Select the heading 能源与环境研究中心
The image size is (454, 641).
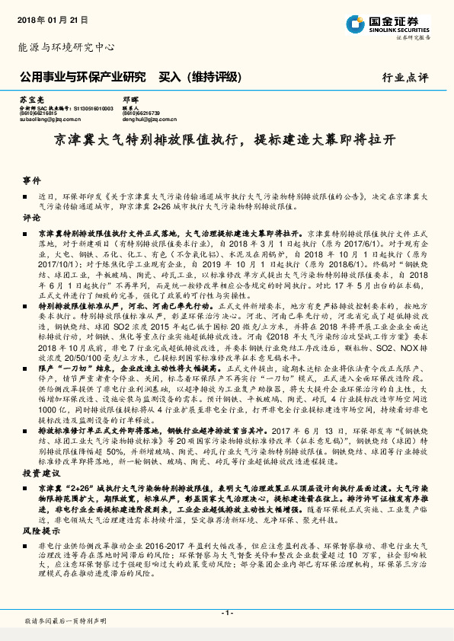coord(66,46)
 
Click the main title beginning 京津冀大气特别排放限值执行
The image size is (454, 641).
coord(226,141)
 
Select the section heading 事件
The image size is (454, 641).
coord(30,180)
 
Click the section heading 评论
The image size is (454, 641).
coord(30,217)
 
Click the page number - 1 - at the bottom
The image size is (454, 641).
coord(226,612)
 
